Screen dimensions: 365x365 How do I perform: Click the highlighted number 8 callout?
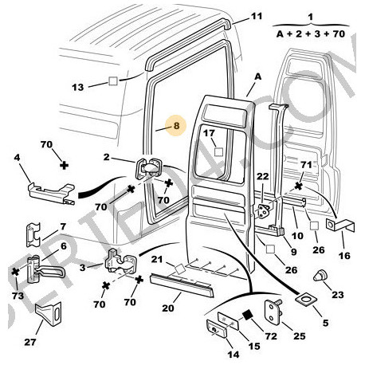click(x=177, y=124)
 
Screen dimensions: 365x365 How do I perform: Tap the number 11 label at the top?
click(x=256, y=15)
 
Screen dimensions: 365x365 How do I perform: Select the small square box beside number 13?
click(x=113, y=81)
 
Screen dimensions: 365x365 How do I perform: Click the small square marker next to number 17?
click(x=217, y=149)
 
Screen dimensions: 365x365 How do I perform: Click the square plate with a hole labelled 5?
click(x=306, y=302)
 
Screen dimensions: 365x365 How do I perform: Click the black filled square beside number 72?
click(x=247, y=315)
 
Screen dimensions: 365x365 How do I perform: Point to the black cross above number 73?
click(x=15, y=272)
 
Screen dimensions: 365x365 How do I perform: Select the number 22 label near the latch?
click(x=262, y=176)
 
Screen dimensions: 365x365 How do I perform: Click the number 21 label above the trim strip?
click(x=157, y=259)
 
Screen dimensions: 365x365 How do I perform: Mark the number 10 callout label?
click(x=296, y=236)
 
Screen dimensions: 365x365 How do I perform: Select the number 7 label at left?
click(x=61, y=228)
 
